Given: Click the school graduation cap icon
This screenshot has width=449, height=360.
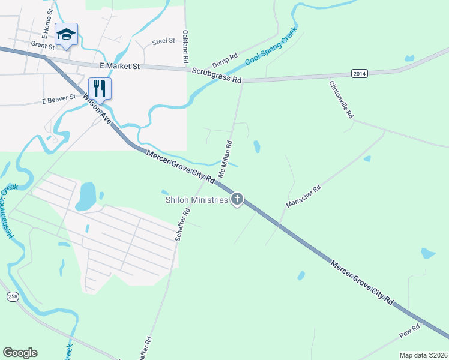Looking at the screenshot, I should tap(66, 35).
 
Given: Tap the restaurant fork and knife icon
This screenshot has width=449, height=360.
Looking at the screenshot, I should tap(100, 88).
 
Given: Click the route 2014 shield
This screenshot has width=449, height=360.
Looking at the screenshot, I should tap(359, 73).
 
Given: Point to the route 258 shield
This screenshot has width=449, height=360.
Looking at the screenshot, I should tap(13, 297).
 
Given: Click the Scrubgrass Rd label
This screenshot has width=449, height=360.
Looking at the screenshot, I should tap(217, 75).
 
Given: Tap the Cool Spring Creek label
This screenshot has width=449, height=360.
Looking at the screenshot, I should tap(271, 46).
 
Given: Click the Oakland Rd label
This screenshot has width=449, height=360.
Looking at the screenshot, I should tap(185, 47).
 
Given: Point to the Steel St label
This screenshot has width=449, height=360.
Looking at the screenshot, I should tap(163, 41).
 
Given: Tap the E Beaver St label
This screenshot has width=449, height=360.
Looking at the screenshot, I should tap(59, 99).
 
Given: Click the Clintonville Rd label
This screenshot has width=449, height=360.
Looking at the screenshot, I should tap(341, 100).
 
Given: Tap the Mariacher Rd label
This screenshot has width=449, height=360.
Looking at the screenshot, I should tap(303, 196).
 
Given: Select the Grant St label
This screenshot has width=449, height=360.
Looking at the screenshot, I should tap(43, 45).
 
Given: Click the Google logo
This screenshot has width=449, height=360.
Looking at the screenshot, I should tap(20, 352).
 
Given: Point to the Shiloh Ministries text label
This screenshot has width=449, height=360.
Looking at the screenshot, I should tap(197, 200).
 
